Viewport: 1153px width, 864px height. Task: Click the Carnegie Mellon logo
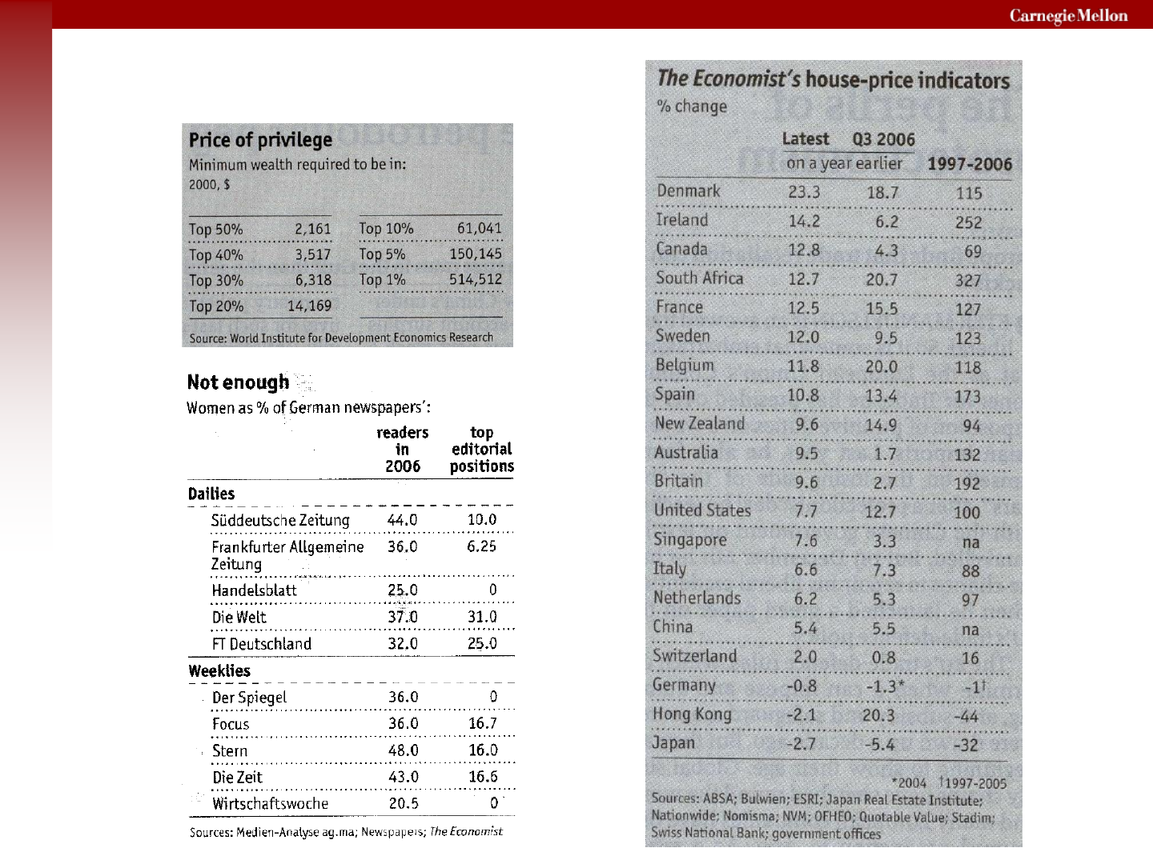(1068, 16)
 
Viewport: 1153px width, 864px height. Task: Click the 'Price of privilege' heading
(260, 140)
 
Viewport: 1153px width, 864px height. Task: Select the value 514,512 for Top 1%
(476, 279)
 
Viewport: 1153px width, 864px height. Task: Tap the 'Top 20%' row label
(216, 306)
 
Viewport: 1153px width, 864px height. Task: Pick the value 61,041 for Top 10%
(479, 228)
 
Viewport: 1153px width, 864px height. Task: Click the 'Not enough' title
(238, 382)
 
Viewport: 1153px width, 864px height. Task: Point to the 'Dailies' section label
(211, 494)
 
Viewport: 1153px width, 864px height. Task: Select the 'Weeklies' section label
(219, 671)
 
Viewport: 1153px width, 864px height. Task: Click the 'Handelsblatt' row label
(255, 590)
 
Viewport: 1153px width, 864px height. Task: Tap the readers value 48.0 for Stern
(404, 750)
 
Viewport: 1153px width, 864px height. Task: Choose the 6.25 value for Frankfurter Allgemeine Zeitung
(482, 546)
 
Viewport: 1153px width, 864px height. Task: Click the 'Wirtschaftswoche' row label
(270, 804)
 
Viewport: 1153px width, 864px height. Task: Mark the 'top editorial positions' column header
(482, 449)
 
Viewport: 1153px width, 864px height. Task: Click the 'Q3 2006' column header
(883, 139)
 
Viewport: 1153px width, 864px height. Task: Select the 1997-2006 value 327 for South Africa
(968, 280)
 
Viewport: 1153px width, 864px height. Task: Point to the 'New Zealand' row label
(700, 423)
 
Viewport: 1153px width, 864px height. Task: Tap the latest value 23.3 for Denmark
(804, 192)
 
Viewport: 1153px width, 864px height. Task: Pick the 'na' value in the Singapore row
(970, 542)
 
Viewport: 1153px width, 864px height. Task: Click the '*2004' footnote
(909, 783)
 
